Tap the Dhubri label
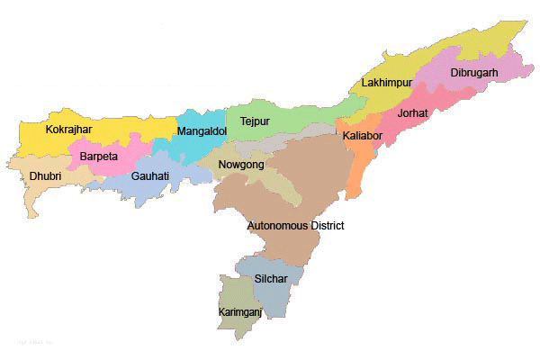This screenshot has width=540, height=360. click(45, 176)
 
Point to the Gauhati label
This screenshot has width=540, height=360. click(149, 176)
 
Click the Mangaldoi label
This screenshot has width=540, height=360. click(202, 131)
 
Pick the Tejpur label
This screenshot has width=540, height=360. click(255, 121)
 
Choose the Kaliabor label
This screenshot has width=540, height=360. click(361, 136)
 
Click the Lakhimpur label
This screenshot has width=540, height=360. click(386, 83)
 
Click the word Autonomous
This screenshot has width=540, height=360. click(279, 226)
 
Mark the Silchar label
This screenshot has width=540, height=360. click(271, 279)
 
